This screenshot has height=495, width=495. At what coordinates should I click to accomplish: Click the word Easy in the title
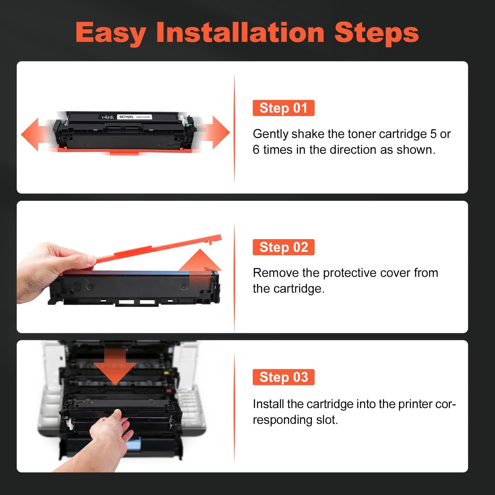pos(111,33)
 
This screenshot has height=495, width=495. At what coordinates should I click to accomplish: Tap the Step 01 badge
pos(283,108)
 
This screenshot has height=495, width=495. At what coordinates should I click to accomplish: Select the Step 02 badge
pos(283,247)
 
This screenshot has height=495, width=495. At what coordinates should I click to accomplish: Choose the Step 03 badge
pos(283,377)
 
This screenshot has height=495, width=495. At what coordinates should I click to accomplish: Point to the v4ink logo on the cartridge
pos(108,117)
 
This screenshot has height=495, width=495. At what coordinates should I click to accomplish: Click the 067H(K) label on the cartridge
pos(126,117)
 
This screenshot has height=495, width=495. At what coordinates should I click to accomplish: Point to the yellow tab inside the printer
pos(166,373)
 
